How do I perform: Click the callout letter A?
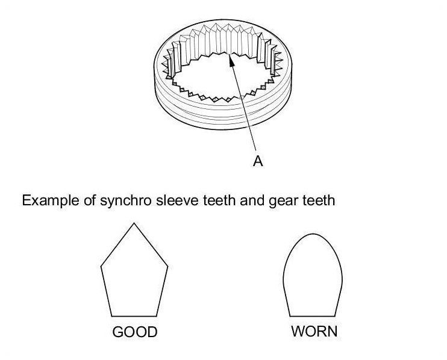pyautogui.click(x=258, y=161)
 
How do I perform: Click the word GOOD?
pyautogui.click(x=134, y=332)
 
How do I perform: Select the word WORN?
pyautogui.click(x=314, y=332)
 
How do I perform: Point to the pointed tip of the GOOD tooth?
pyautogui.click(x=134, y=223)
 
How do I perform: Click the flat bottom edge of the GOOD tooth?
pyautogui.click(x=134, y=316)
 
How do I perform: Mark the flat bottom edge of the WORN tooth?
pyautogui.click(x=313, y=316)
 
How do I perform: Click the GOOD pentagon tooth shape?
pyautogui.click(x=134, y=277)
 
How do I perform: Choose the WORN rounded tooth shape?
pyautogui.click(x=313, y=277)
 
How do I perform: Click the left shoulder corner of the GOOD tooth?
pyautogui.click(x=101, y=265)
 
